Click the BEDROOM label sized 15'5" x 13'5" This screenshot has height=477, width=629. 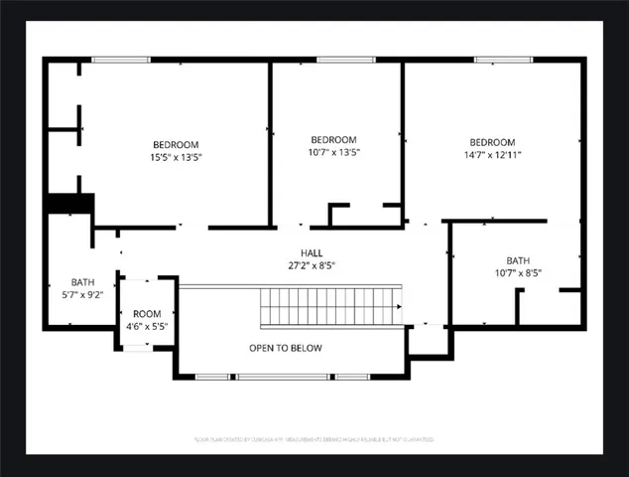176,143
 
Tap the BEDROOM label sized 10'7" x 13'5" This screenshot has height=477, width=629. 333,139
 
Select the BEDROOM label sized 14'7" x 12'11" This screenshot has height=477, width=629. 492,142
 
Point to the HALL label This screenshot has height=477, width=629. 312,253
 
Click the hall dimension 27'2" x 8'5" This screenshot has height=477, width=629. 312,266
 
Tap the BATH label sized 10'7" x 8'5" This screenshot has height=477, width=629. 518,260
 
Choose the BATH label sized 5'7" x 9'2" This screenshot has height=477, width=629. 81,281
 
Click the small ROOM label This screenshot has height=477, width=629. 146,313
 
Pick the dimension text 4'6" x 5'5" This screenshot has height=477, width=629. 146,326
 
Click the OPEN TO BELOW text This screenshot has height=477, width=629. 285,348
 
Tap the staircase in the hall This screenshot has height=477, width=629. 330,307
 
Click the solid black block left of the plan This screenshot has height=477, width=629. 68,203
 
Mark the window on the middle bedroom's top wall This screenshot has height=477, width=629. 337,61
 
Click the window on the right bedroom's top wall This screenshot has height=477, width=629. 497,61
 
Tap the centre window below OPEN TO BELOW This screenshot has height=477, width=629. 285,377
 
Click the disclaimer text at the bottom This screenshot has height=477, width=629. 314,438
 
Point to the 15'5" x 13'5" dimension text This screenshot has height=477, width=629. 176,156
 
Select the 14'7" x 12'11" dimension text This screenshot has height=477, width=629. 492,155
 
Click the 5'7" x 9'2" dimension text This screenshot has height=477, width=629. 81,294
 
